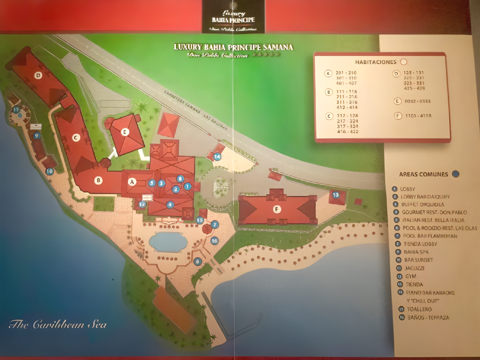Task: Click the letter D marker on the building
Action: [38, 75]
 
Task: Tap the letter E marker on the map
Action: [125, 131]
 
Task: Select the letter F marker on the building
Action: [277, 209]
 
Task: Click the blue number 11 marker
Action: [16, 109]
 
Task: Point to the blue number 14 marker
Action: [217, 157]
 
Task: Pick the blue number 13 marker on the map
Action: [335, 195]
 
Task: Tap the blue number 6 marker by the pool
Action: [197, 261]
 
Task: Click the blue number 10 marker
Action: [49, 171]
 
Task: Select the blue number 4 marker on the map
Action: [170, 204]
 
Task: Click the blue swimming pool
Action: [168, 241]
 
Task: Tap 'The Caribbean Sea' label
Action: [58, 324]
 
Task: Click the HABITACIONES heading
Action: [376, 62]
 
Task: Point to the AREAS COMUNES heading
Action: [423, 174]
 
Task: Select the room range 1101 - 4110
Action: [417, 115]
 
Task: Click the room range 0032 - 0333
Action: [417, 101]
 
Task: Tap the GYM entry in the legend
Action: [410, 276]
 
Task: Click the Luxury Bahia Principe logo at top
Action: [233, 17]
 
